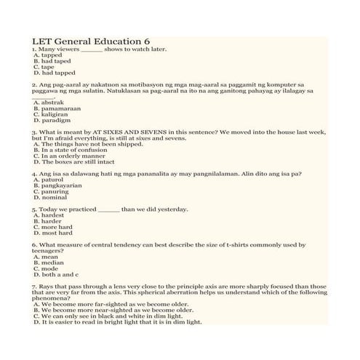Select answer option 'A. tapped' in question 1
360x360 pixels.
tap(48, 55)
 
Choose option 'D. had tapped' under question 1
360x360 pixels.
tap(55, 73)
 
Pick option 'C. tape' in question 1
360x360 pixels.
tap(44, 67)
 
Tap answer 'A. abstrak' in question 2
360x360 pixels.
tap(49, 103)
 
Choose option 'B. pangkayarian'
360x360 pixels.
tap(57, 185)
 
